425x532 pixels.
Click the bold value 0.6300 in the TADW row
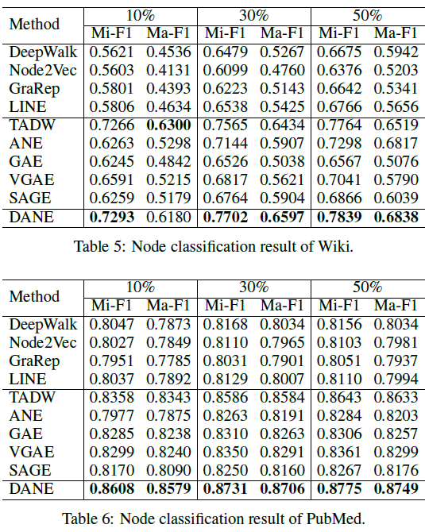pos(168,125)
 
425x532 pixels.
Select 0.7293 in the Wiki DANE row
pos(112,217)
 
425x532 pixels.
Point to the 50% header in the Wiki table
pos(367,16)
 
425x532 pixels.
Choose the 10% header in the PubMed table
pos(141,287)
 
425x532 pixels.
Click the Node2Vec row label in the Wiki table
pos(43,70)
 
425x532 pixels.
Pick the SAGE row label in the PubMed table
pos(30,470)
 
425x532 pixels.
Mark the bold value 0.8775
pos(339,488)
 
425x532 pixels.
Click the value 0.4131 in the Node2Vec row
pos(168,70)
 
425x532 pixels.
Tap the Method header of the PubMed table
pos(34,296)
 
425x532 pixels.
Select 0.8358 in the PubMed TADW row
pos(112,397)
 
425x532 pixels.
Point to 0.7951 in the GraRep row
pos(112,360)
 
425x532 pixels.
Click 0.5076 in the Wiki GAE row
pos(396,161)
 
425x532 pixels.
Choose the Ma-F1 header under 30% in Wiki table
pos(282,33)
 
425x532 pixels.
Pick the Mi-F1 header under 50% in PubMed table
pos(339,306)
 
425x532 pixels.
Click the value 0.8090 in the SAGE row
pos(168,470)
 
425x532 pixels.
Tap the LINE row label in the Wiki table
pos(28,107)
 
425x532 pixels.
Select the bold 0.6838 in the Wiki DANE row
pos(396,217)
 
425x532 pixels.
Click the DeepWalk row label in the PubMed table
pos(43,324)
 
